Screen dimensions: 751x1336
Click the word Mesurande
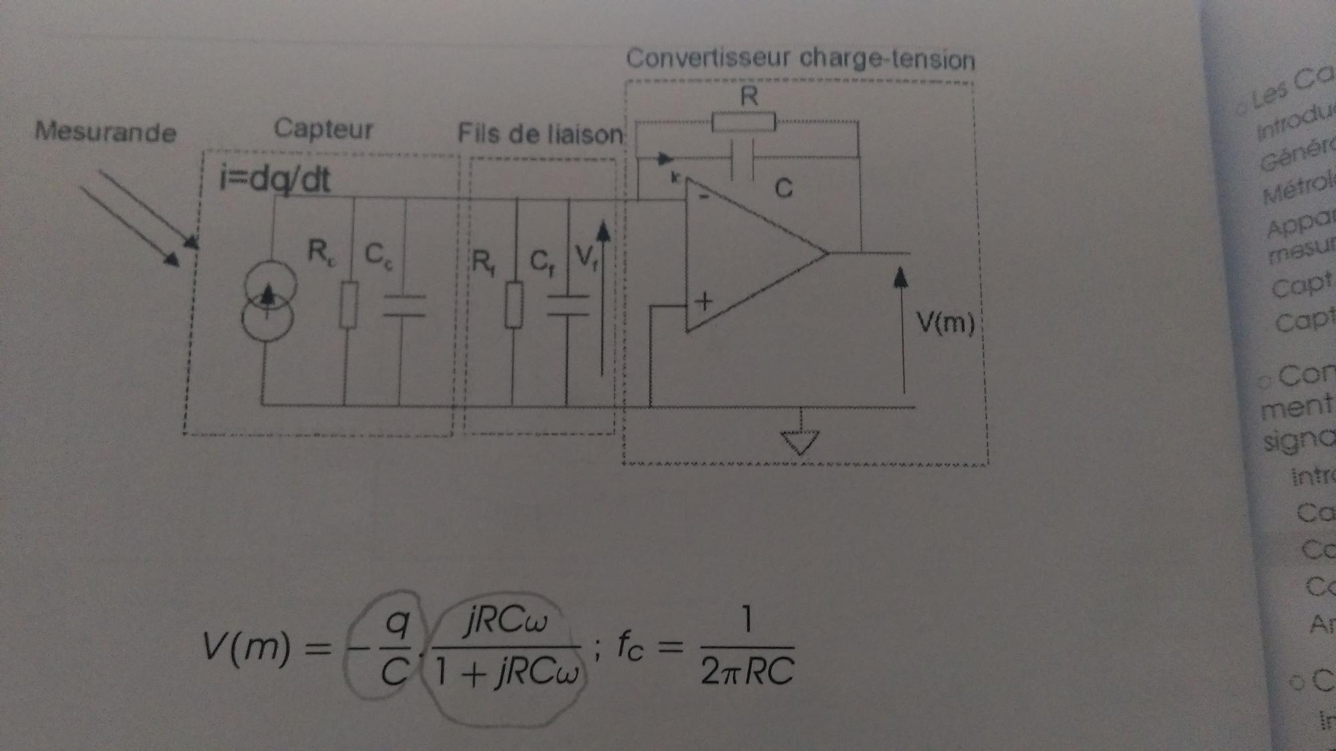point(106,132)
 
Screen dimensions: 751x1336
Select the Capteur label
point(323,128)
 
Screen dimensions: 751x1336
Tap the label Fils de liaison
point(540,134)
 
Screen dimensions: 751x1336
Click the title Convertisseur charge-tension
point(800,59)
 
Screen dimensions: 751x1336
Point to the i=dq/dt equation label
point(275,179)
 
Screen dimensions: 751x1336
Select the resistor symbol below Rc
point(348,304)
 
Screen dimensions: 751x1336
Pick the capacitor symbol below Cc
point(403,305)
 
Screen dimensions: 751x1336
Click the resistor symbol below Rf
point(513,304)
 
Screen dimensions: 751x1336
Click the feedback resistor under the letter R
point(743,122)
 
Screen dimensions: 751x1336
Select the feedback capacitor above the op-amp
point(743,159)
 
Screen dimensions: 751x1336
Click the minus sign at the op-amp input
point(703,196)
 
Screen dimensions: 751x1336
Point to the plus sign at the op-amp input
point(703,302)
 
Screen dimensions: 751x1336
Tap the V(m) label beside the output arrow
point(945,322)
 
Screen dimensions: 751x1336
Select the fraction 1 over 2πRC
point(747,646)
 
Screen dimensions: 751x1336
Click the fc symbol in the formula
point(629,645)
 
